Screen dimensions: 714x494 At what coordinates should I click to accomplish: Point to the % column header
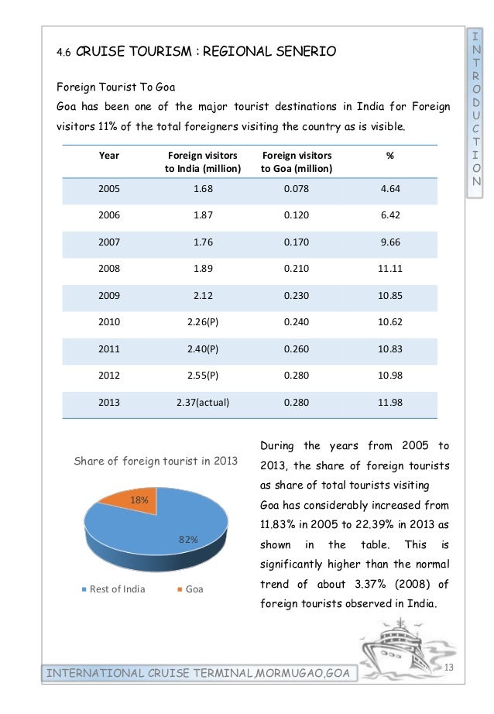(389, 156)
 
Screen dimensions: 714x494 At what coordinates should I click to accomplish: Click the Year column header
(109, 156)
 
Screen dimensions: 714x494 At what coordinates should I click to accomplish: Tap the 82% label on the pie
(189, 539)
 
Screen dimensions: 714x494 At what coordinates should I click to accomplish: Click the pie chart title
(155, 462)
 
